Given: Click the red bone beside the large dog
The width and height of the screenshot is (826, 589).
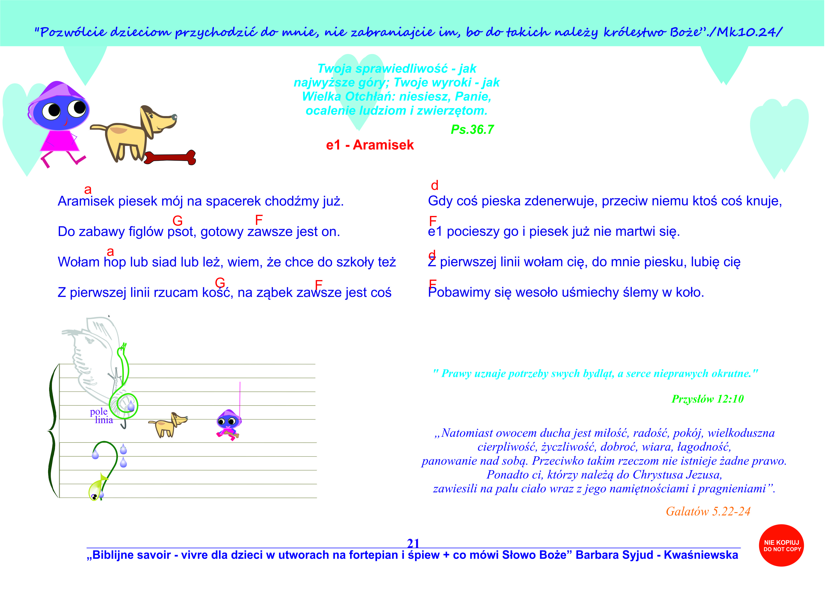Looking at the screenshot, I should coord(170,157).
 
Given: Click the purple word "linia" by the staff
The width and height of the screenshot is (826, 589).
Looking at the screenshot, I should coord(104,420).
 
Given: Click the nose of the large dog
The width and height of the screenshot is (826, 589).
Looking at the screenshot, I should coord(174,117).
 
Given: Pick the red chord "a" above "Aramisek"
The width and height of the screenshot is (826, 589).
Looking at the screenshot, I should coord(88,189).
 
